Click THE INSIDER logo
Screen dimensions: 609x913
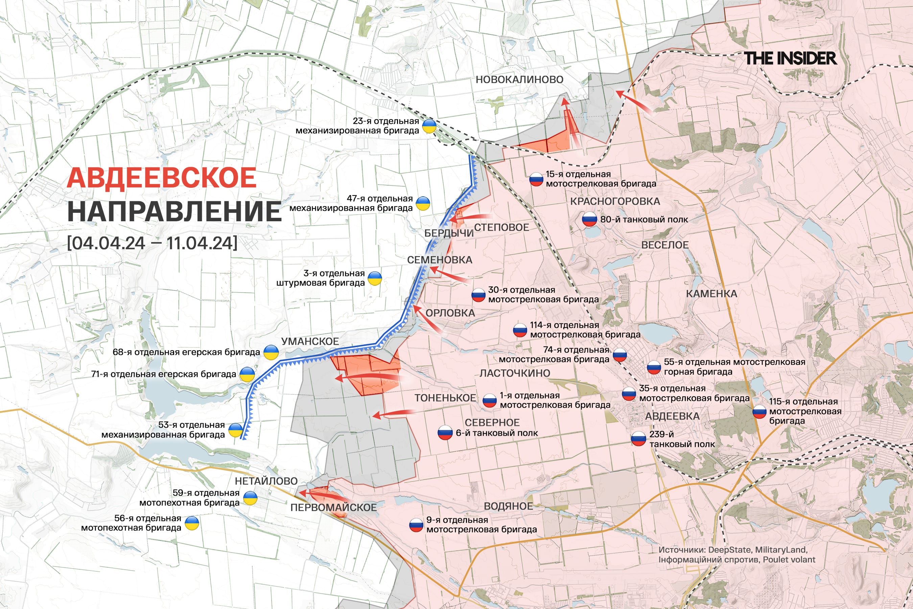790,58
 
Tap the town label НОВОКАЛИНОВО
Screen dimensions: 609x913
519,80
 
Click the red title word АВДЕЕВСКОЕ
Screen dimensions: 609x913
162,178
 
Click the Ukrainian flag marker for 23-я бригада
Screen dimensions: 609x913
429,126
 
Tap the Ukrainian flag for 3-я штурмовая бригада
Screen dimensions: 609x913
375,278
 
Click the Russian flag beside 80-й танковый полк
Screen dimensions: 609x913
589,220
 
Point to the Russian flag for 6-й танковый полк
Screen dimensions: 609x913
445,433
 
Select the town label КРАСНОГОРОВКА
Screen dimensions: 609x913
615,202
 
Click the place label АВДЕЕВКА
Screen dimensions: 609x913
672,416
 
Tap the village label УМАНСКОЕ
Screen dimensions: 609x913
310,341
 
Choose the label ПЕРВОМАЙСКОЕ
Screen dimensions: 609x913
333,507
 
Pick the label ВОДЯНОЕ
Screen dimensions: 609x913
508,506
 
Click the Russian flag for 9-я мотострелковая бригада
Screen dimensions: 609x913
416,525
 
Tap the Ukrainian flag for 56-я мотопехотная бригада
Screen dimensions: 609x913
192,523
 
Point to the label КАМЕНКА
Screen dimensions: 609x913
711,294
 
